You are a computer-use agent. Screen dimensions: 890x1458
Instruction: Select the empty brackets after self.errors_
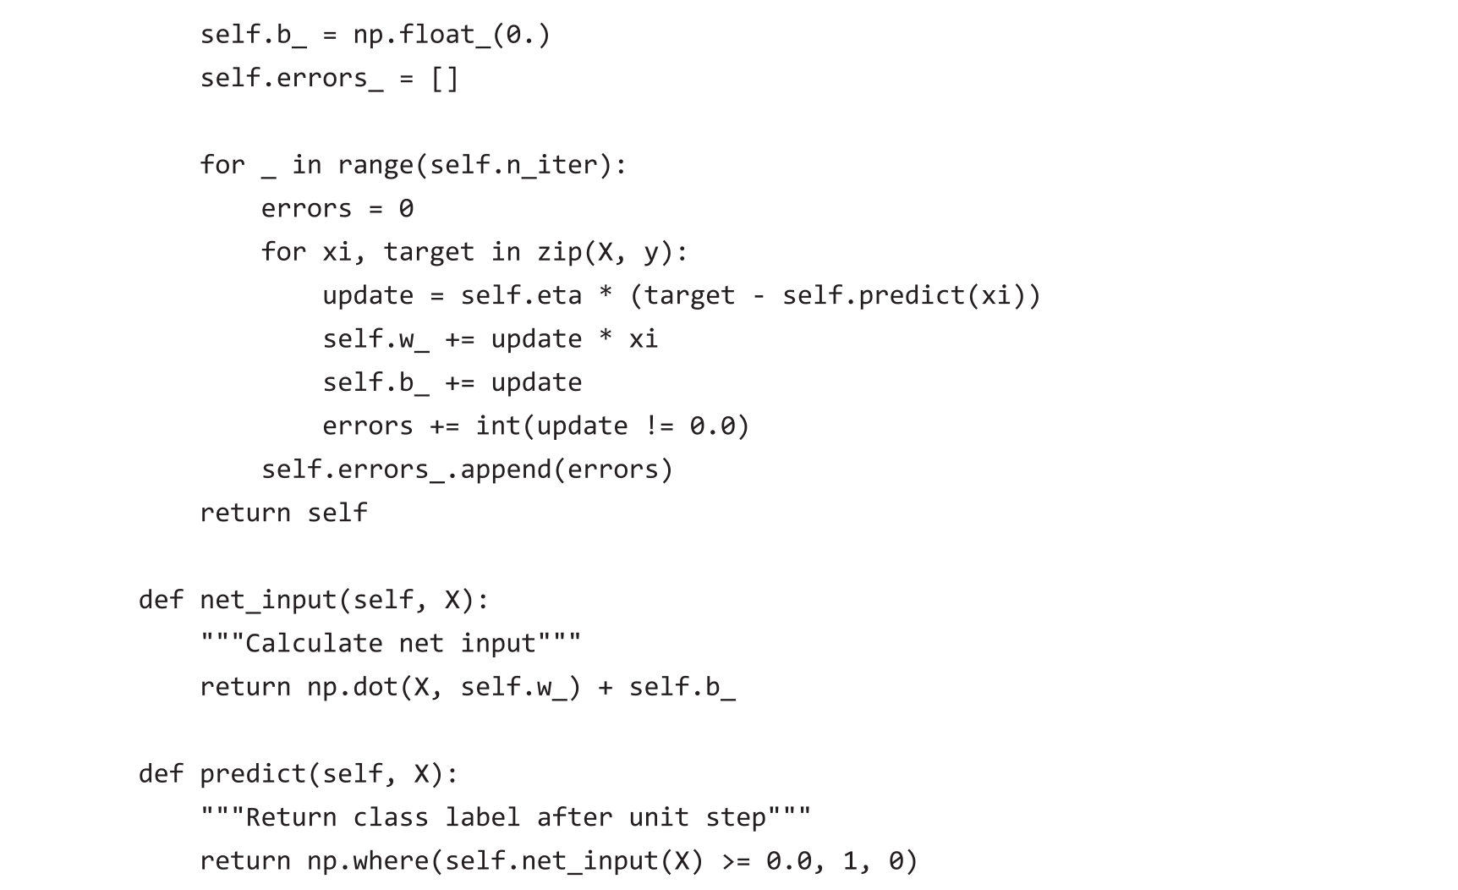(445, 79)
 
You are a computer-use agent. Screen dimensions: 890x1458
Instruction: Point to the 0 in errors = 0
(406, 209)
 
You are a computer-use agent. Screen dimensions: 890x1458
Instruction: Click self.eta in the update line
(521, 295)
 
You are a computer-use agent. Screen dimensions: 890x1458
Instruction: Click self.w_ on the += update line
(375, 339)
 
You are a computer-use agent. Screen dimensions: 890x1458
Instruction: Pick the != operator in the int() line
(659, 426)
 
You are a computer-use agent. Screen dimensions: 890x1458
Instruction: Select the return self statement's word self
(337, 513)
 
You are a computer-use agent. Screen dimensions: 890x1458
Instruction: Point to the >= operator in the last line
(735, 861)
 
